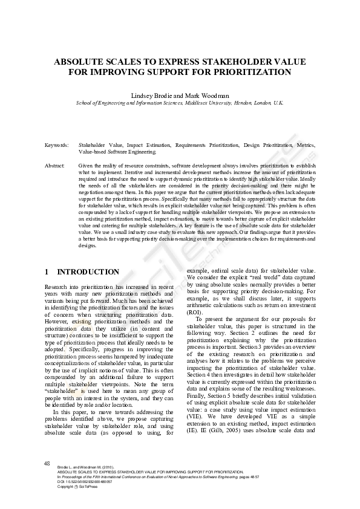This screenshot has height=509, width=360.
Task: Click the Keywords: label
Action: [56, 146]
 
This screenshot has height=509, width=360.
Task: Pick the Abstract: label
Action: [55, 165]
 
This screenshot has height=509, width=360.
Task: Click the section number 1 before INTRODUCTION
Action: [47, 272]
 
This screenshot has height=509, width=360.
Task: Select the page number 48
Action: [47, 463]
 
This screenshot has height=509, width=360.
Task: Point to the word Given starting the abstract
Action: [86, 165]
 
